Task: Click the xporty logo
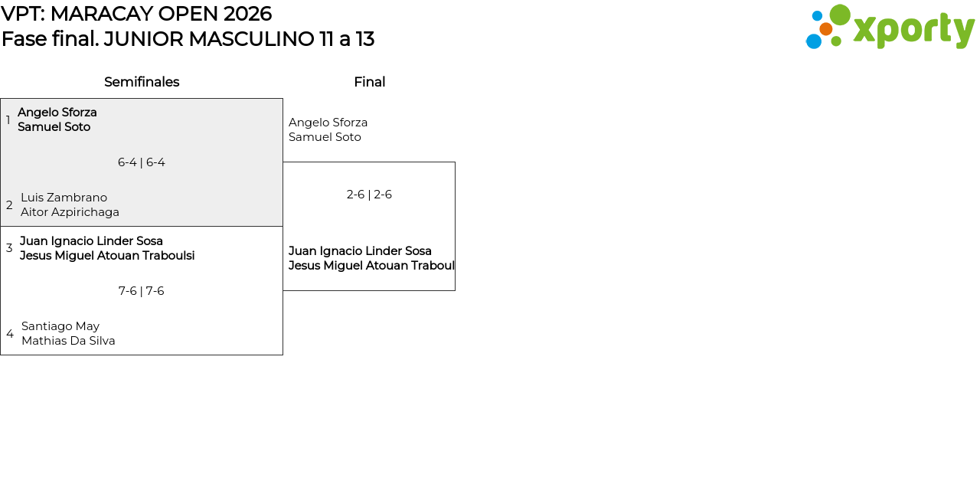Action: [x=890, y=28]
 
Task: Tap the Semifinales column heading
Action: [x=142, y=82]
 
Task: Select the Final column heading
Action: [x=369, y=82]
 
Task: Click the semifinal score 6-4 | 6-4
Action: [x=142, y=162]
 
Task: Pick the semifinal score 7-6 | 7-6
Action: [x=142, y=291]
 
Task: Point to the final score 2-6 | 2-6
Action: [x=369, y=195]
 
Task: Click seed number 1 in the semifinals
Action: [x=8, y=120]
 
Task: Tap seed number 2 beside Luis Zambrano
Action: [x=9, y=205]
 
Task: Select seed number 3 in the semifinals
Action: [x=9, y=248]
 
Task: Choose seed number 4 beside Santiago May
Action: [x=10, y=334]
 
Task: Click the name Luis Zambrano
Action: [x=64, y=198]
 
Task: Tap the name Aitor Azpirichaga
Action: [x=70, y=212]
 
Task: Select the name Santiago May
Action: [x=60, y=326]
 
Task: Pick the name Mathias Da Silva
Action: [x=68, y=341]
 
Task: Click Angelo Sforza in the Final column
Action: [x=328, y=123]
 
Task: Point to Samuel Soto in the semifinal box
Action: [x=54, y=127]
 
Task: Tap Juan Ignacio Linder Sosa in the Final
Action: [x=360, y=251]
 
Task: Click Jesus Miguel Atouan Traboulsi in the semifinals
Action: [x=107, y=256]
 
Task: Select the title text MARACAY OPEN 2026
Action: [x=161, y=14]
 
